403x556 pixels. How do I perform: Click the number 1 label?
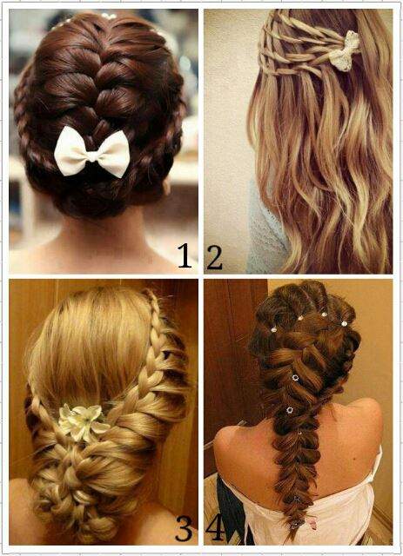click(x=185, y=255)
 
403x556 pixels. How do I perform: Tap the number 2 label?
click(x=214, y=257)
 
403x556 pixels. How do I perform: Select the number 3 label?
click(x=184, y=527)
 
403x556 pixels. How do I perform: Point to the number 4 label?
click(x=215, y=527)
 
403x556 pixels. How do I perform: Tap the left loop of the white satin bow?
click(x=71, y=150)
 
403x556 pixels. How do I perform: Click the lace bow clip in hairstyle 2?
click(x=344, y=50)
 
